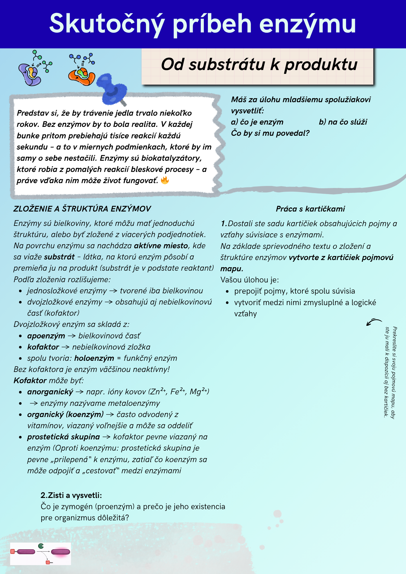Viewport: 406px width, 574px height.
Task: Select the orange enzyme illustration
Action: (x=82, y=75)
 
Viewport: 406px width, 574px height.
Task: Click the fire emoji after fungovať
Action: (x=165, y=180)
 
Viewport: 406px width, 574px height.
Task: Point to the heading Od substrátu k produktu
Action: (x=259, y=65)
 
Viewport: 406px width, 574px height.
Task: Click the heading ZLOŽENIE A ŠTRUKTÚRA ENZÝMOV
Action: (x=82, y=209)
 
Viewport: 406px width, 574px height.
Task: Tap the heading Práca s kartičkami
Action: (x=310, y=209)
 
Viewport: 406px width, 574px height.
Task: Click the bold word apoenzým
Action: (x=46, y=336)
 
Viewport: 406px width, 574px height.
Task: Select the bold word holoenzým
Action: (x=94, y=358)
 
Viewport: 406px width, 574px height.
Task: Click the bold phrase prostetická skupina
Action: (x=63, y=437)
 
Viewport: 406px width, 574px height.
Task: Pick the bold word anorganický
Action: (x=50, y=392)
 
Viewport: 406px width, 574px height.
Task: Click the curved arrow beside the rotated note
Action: (x=374, y=322)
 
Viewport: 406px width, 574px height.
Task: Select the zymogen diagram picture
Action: (x=40, y=554)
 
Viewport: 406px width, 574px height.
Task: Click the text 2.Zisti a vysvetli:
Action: (x=71, y=495)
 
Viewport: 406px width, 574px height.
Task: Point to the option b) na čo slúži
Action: (x=343, y=122)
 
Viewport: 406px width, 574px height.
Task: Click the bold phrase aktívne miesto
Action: (x=161, y=246)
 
